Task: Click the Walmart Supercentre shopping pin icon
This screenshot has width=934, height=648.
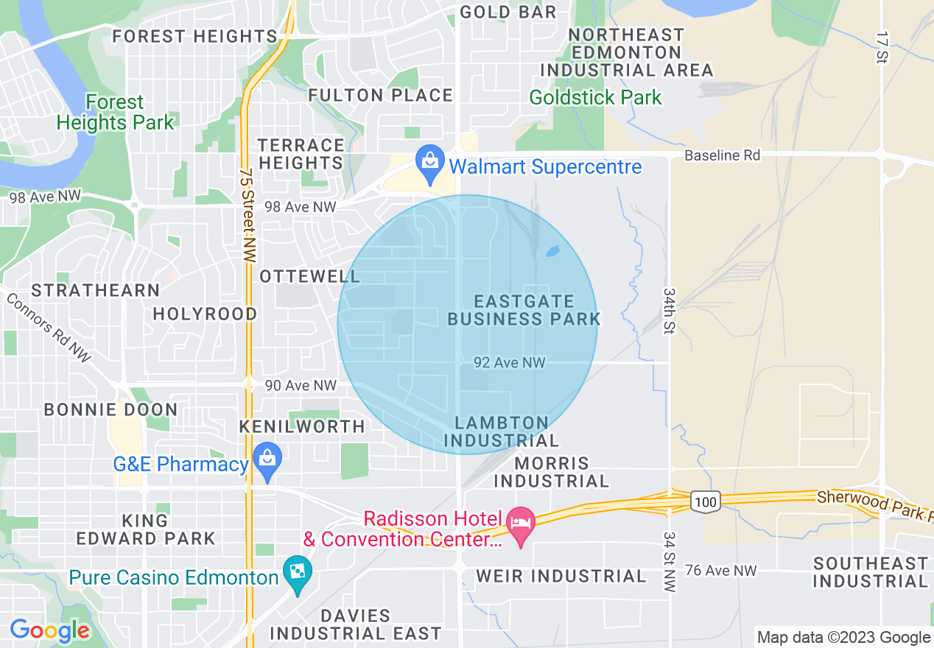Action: [429, 164]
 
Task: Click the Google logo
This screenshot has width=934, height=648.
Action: [49, 630]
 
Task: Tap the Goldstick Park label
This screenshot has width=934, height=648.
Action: [595, 97]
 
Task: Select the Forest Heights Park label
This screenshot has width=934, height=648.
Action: [115, 113]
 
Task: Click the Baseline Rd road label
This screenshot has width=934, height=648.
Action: [722, 155]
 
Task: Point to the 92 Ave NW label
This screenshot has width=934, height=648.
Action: [510, 362]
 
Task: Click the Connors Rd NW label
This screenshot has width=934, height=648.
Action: [48, 328]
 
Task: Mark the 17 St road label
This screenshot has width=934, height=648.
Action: [881, 47]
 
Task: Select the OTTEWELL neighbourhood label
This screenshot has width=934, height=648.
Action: [310, 276]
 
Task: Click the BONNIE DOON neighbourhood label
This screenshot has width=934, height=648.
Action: [110, 409]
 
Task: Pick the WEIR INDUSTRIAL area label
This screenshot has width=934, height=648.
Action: [561, 576]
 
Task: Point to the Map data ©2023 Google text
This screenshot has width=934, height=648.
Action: [844, 638]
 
